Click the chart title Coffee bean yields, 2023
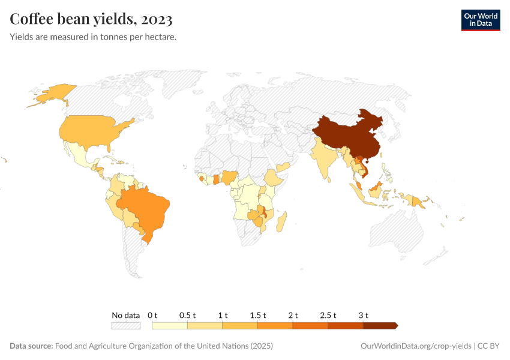tap(91, 19)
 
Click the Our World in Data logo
tap(480, 20)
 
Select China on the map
tap(348, 135)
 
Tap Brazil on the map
tap(147, 207)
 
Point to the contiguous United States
tap(90, 132)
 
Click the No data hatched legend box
tap(126, 325)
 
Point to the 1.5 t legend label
tap(257, 315)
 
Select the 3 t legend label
tap(363, 315)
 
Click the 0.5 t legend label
tap(187, 315)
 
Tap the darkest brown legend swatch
tap(380, 325)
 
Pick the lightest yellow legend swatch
tap(170, 325)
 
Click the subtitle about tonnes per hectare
tap(93, 37)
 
